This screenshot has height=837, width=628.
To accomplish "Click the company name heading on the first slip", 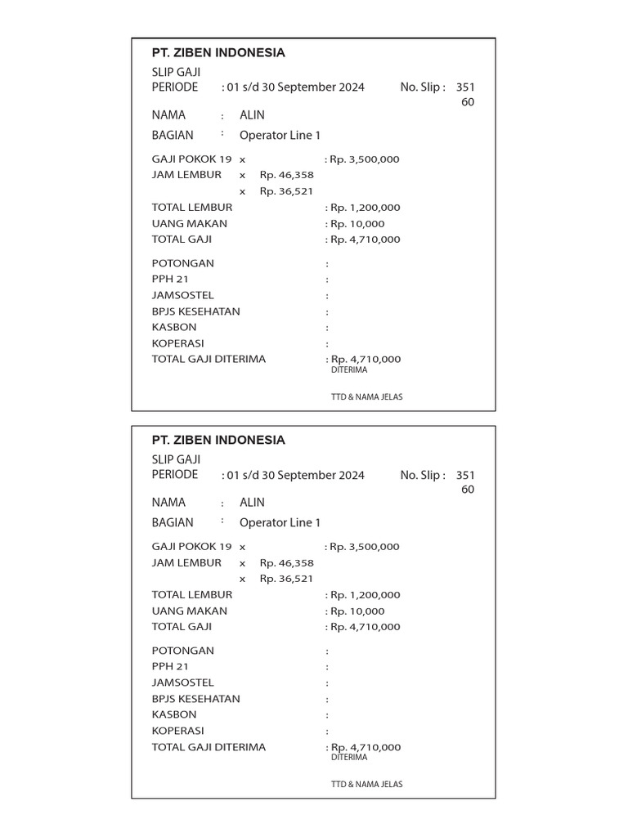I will pos(218,53).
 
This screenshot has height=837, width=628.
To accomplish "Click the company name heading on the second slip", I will pos(218,441).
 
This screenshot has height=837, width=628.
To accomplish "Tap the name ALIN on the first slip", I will pos(252,115).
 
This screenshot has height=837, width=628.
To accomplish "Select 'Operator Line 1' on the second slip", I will pos(280,523).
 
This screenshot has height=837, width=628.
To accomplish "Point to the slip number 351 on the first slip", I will pos(465,87).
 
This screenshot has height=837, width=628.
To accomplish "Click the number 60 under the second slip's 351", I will pos(468,490).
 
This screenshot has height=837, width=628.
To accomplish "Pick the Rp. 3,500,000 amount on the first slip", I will pos(365,159).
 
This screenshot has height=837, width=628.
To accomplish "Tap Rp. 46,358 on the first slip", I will pos(286,175).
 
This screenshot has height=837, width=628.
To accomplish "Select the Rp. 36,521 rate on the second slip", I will pos(286,579).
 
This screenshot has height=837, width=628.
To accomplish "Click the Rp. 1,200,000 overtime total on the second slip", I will pos(366,595).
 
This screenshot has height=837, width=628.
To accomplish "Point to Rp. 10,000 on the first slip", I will pos(357,224).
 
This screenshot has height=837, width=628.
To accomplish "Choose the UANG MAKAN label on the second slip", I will pos(190,611).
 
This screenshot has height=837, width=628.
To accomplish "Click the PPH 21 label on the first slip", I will pos(170,280).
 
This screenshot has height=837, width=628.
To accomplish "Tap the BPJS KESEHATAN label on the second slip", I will pos(196,699).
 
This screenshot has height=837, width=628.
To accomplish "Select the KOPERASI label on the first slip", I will pos(178,343).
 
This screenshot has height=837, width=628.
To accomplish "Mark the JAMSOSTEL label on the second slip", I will pos(183,683).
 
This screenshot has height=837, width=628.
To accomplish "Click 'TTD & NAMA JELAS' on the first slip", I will pos(366,397).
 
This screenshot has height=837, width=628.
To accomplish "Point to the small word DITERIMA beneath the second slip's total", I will pos(349,758).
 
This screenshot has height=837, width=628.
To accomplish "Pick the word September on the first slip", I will pos(307,87).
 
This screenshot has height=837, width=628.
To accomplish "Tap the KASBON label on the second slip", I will pos(174,714).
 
